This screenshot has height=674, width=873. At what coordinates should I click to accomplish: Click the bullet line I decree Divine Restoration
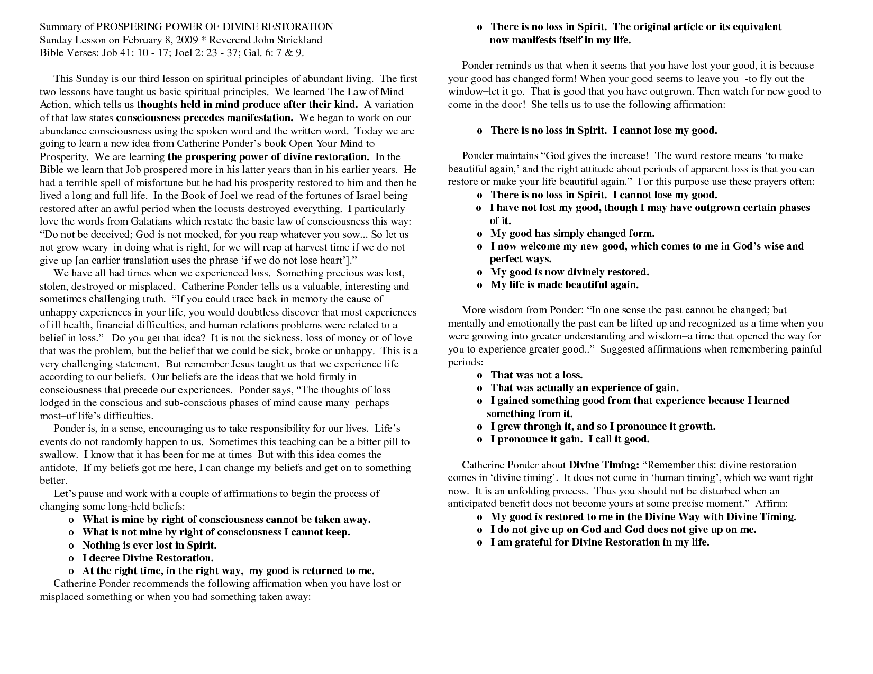(x=148, y=558)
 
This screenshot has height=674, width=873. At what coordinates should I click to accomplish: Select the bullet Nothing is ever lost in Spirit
(x=149, y=545)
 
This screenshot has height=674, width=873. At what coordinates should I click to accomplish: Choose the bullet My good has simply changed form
(x=572, y=233)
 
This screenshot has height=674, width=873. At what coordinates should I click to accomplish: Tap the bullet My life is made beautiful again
(x=565, y=285)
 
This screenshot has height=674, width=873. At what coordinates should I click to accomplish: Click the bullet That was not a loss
(x=536, y=375)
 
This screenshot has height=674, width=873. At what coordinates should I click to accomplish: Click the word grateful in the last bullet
(x=531, y=542)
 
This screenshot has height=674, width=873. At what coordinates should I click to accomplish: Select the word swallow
(x=58, y=455)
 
